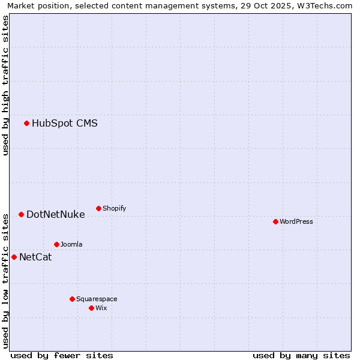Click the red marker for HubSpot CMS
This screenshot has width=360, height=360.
tap(26, 124)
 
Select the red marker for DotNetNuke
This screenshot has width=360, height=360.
tap(21, 214)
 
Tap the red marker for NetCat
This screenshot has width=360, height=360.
tap(14, 257)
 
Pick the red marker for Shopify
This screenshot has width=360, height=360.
tap(98, 208)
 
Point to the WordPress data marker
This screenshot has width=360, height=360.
tap(275, 221)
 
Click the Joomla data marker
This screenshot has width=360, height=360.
tap(56, 244)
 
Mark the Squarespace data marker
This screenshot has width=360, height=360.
tap(72, 299)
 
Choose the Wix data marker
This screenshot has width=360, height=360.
tap(91, 308)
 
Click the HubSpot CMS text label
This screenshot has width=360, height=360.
tap(64, 124)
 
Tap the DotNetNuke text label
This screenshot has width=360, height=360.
tap(55, 214)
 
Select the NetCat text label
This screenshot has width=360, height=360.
tap(35, 257)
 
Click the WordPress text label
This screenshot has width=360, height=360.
tap(296, 221)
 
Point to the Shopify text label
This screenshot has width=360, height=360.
tap(114, 208)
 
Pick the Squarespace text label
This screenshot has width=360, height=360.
tap(97, 299)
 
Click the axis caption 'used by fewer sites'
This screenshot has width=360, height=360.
tap(62, 355)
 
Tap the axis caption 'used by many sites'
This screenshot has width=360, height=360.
tap(301, 355)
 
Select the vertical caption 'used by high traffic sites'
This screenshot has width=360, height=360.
tap(5, 85)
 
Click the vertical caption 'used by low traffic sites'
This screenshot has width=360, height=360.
tap(5, 280)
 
